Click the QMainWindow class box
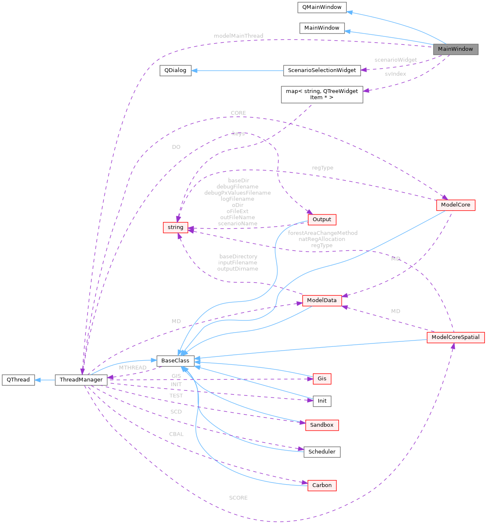(322, 7)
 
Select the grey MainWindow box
(455, 49)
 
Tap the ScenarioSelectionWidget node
(322, 70)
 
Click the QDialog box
(175, 70)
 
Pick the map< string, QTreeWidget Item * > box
(322, 94)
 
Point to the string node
(175, 227)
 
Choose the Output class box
(322, 219)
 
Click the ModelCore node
(455, 205)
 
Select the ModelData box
(322, 300)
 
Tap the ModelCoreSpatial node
(455, 337)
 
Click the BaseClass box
(175, 361)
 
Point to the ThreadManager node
(81, 380)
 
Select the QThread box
(18, 380)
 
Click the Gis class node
(322, 379)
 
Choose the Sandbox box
(322, 425)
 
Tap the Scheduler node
(322, 452)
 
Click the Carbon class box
(322, 485)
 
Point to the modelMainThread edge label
(238, 36)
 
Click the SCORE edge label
(238, 498)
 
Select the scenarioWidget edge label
(395, 60)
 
